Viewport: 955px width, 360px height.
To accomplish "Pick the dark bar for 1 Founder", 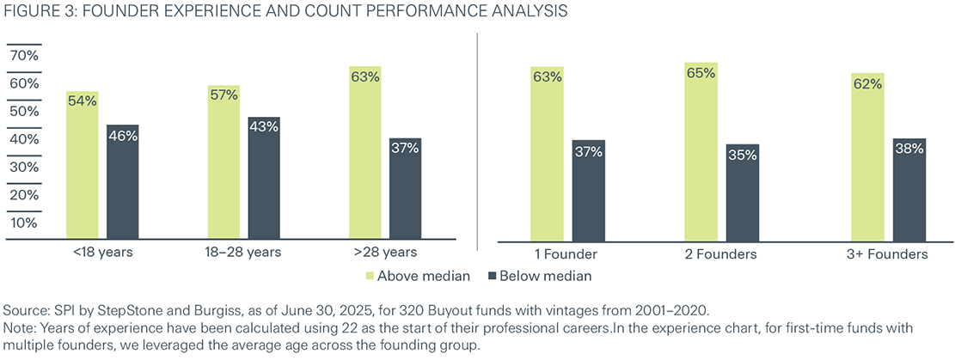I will click(588, 189).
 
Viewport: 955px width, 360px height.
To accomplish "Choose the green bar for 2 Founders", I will click(701, 150).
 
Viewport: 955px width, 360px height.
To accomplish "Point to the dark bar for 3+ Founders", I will click(909, 188).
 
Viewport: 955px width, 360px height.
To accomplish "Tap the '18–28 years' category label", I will click(242, 253).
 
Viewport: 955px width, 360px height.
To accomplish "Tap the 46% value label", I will click(123, 135).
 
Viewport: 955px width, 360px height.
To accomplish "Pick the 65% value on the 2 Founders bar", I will click(701, 73).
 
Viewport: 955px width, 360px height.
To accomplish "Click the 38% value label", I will click(909, 148).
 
